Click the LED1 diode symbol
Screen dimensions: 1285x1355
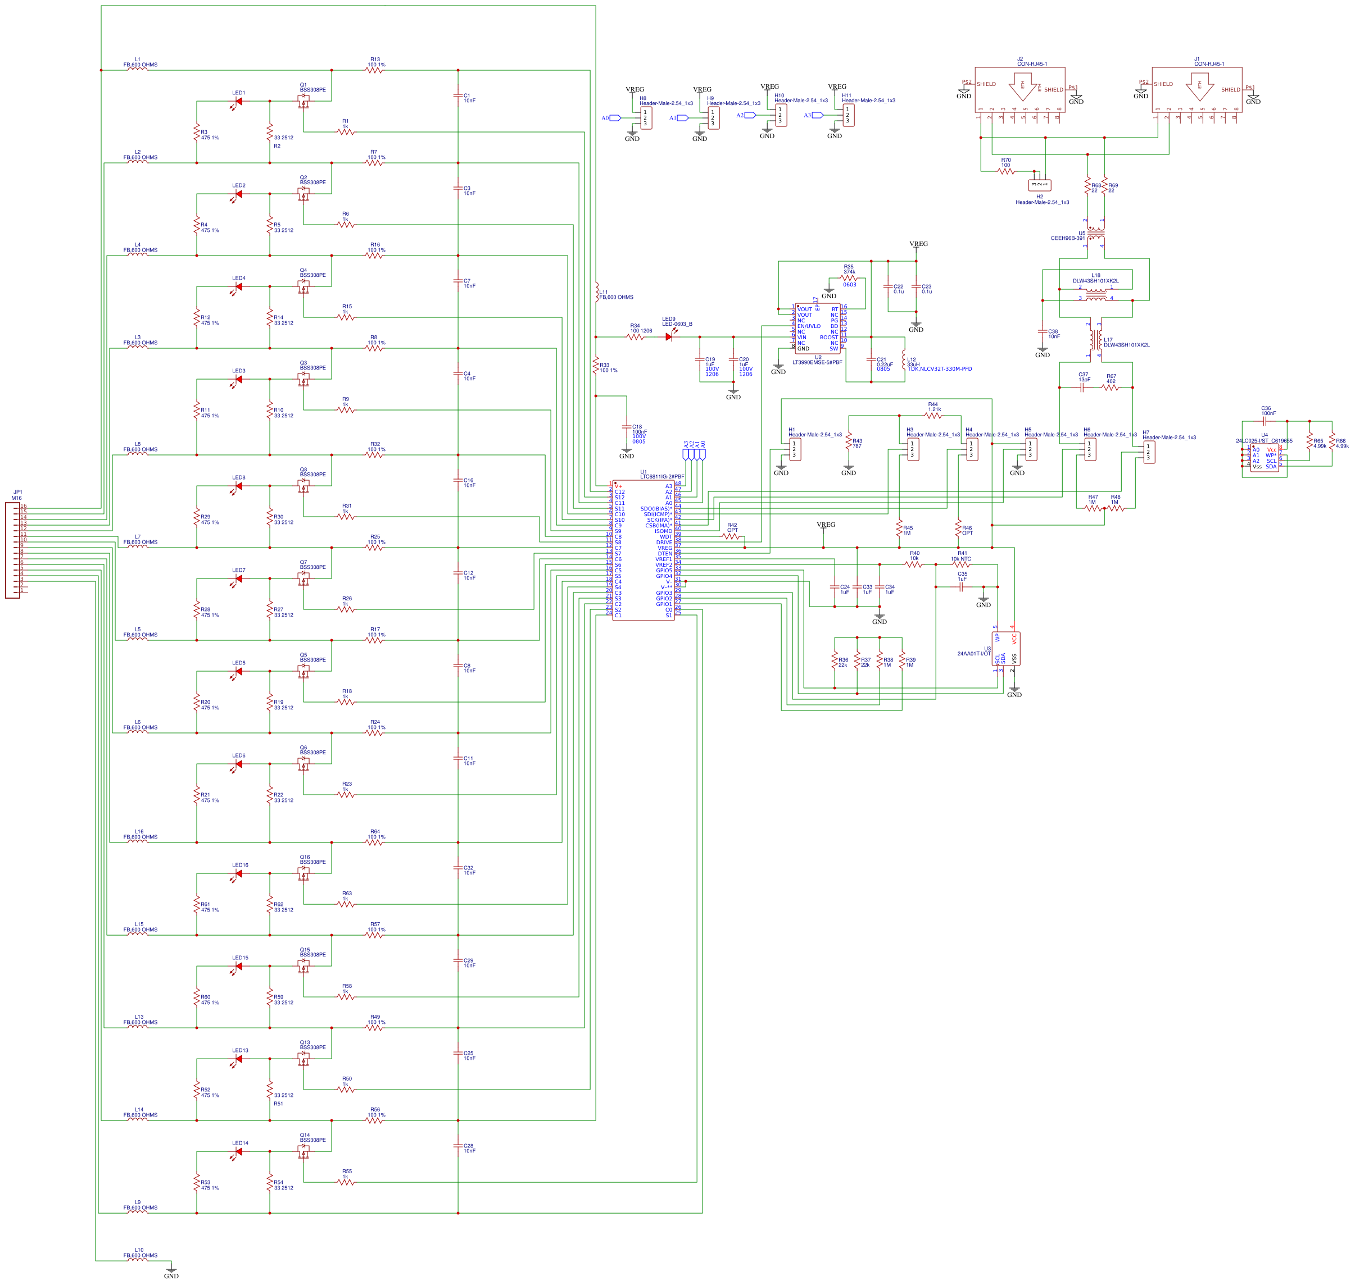pos(238,102)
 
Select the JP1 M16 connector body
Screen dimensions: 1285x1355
pos(12,549)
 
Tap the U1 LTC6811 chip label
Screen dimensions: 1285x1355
pos(661,475)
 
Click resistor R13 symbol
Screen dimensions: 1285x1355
pos(374,70)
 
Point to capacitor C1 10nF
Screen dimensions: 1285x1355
pos(458,96)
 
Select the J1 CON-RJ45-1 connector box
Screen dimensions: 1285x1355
pos(1196,89)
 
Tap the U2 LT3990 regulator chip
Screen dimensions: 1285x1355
pos(817,329)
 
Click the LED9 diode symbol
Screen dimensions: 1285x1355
pos(669,336)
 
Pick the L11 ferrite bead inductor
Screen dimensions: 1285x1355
pos(596,293)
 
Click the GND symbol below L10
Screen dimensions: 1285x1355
pos(171,1269)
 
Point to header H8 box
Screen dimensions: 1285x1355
pos(646,118)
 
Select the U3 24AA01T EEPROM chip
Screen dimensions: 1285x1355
pos(1005,648)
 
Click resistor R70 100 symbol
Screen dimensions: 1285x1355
pos(1005,171)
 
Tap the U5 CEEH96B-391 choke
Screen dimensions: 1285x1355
pos(1095,233)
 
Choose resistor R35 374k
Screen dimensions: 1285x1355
pos(849,278)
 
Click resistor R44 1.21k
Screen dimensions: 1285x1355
pos(933,415)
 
